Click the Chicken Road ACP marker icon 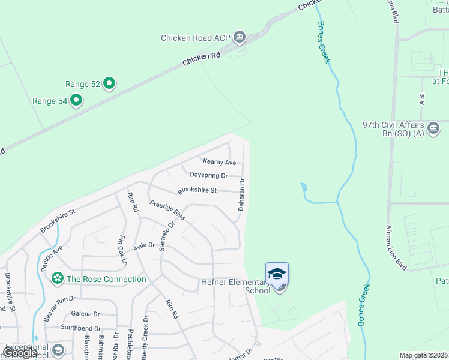click(240, 38)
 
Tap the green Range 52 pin click(109, 84)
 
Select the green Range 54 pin click(76, 101)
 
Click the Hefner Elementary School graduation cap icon click(277, 274)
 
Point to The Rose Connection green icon click(58, 278)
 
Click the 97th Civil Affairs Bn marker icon click(433, 127)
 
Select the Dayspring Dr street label click(208, 175)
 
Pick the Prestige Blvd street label click(167, 212)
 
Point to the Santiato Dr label click(167, 236)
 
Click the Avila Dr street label click(144, 245)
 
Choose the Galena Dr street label click(86, 314)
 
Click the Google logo click(20, 353)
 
